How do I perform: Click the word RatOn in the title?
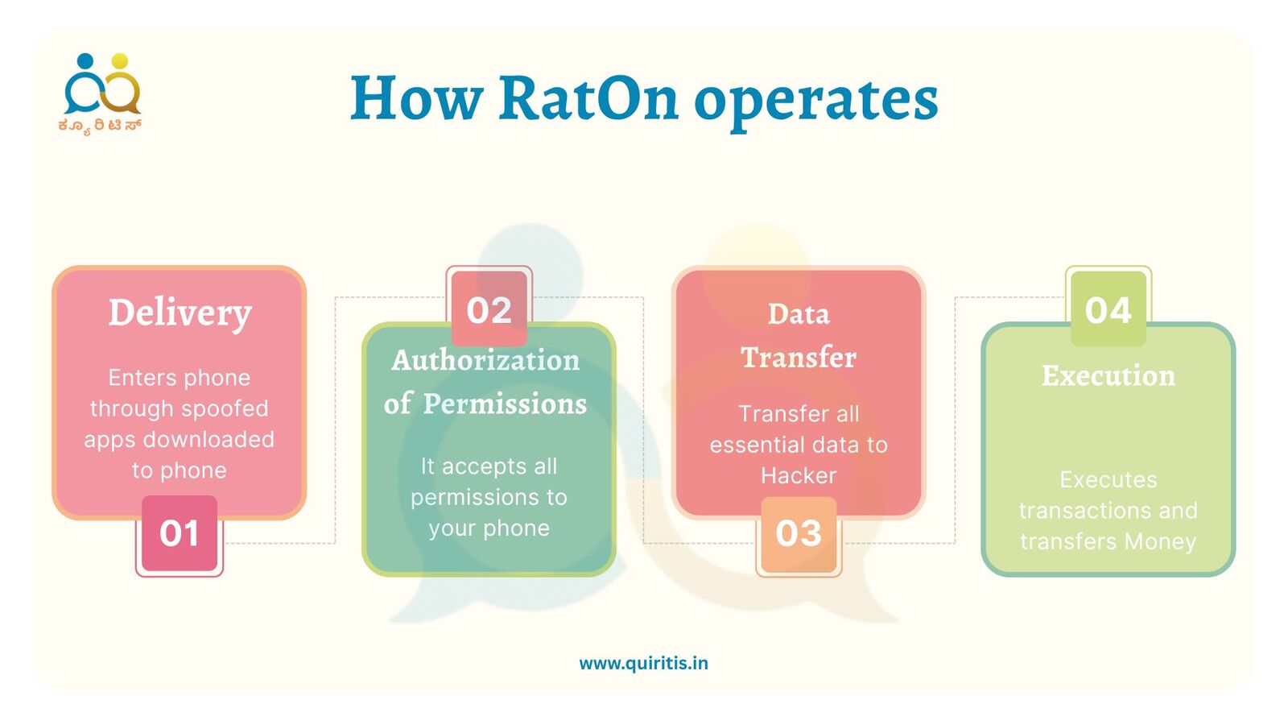(588, 99)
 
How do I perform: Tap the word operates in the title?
(816, 104)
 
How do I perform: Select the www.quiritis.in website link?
(643, 664)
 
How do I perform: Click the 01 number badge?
(180, 534)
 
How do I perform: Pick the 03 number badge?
(799, 534)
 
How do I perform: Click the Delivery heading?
(180, 314)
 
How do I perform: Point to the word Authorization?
(486, 361)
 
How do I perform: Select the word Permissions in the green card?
(505, 404)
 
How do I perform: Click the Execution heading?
(1108, 375)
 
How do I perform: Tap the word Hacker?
(799, 476)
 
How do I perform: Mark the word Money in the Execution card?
(1160, 542)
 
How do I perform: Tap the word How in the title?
(416, 99)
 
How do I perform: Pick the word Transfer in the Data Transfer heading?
(799, 358)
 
